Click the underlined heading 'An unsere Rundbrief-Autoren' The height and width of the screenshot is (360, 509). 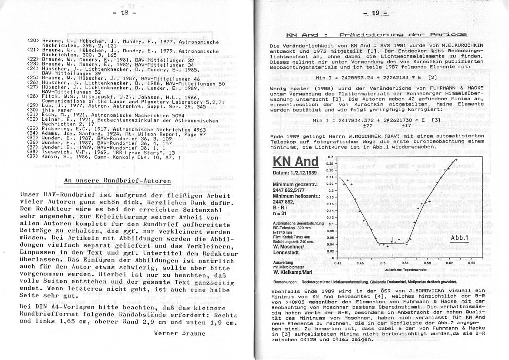(x=117, y=181)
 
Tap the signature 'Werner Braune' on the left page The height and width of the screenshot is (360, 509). (x=179, y=333)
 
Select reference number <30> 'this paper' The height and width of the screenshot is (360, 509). (x=52, y=110)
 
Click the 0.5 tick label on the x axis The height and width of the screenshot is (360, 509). (x=383, y=263)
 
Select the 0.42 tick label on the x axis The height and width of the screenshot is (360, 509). (x=337, y=263)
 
